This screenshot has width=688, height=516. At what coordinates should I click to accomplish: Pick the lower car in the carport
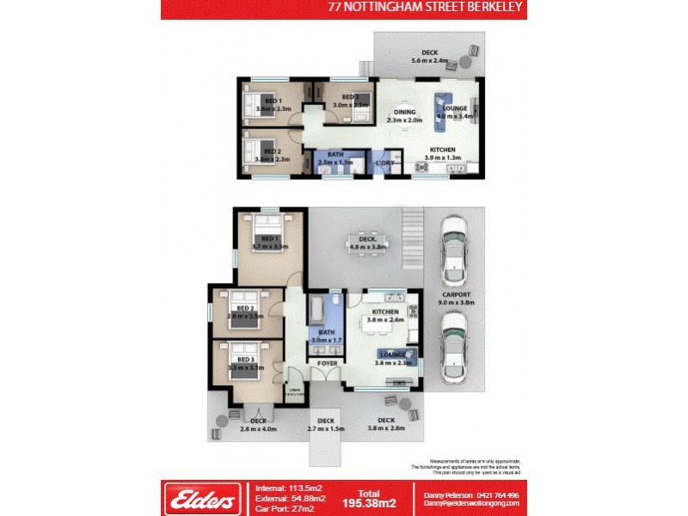(x=454, y=346)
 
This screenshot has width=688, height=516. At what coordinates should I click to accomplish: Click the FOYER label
(x=327, y=364)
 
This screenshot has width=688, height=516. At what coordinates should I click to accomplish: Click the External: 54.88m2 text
(x=290, y=499)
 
